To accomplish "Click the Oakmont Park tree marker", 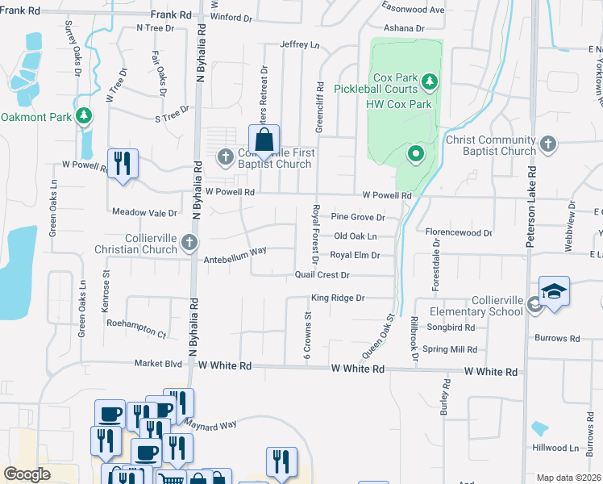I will [x=83, y=116].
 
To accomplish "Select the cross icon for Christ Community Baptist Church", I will [x=547, y=144].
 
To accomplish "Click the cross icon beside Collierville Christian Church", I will [x=189, y=242].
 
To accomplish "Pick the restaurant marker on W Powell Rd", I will [x=123, y=164].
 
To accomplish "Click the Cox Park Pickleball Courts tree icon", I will [x=430, y=81].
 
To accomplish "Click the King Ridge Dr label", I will [x=339, y=298].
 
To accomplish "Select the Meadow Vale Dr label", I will [x=145, y=213].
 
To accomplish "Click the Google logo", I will [x=27, y=474].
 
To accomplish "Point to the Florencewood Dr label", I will [x=459, y=232].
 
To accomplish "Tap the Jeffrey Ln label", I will [x=300, y=44].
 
